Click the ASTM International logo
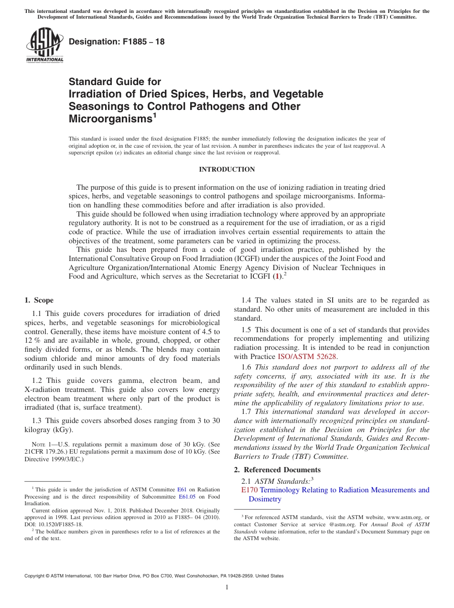click(x=44, y=45)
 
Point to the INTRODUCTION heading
click(x=227, y=170)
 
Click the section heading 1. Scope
click(x=39, y=300)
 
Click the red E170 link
click(x=250, y=490)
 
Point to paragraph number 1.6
click(x=246, y=367)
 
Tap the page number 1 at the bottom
click(x=227, y=587)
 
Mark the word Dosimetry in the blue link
click(x=265, y=499)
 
